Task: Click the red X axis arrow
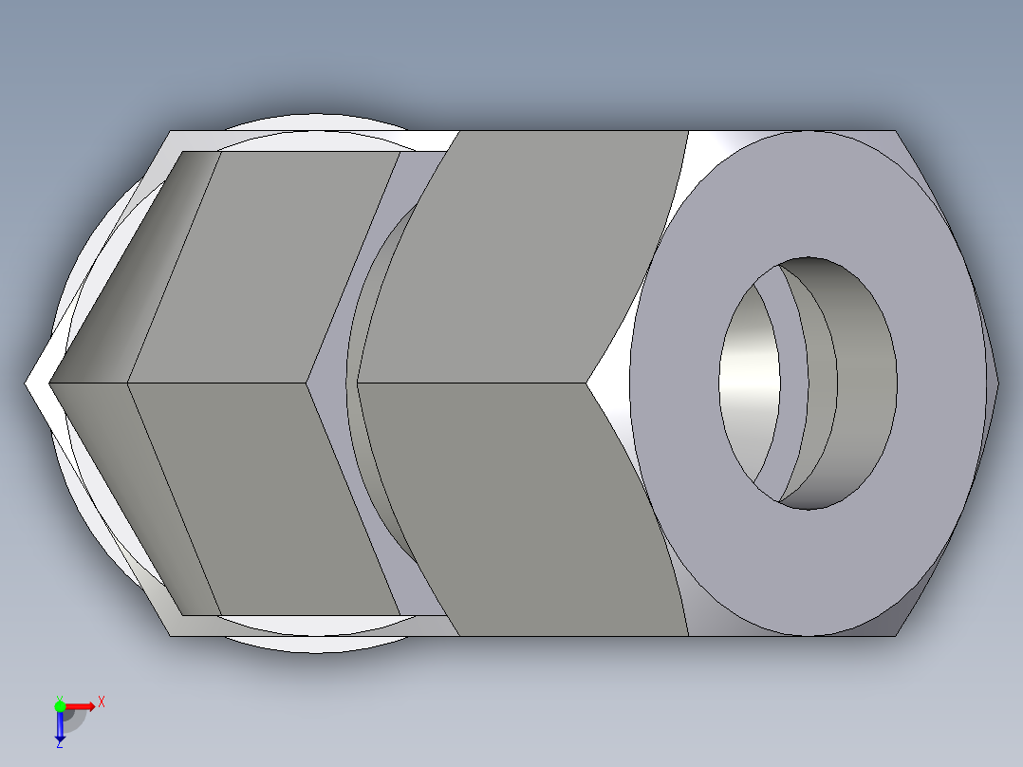(84, 705)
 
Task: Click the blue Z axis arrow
(60, 726)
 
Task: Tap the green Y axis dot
(60, 704)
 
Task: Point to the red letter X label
(102, 702)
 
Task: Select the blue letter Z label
(59, 744)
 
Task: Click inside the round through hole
(807, 380)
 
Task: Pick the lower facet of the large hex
(522, 503)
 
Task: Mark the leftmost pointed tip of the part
(27, 383)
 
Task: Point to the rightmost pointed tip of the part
(997, 383)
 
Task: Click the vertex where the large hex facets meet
(586, 383)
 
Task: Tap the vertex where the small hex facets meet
(307, 383)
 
